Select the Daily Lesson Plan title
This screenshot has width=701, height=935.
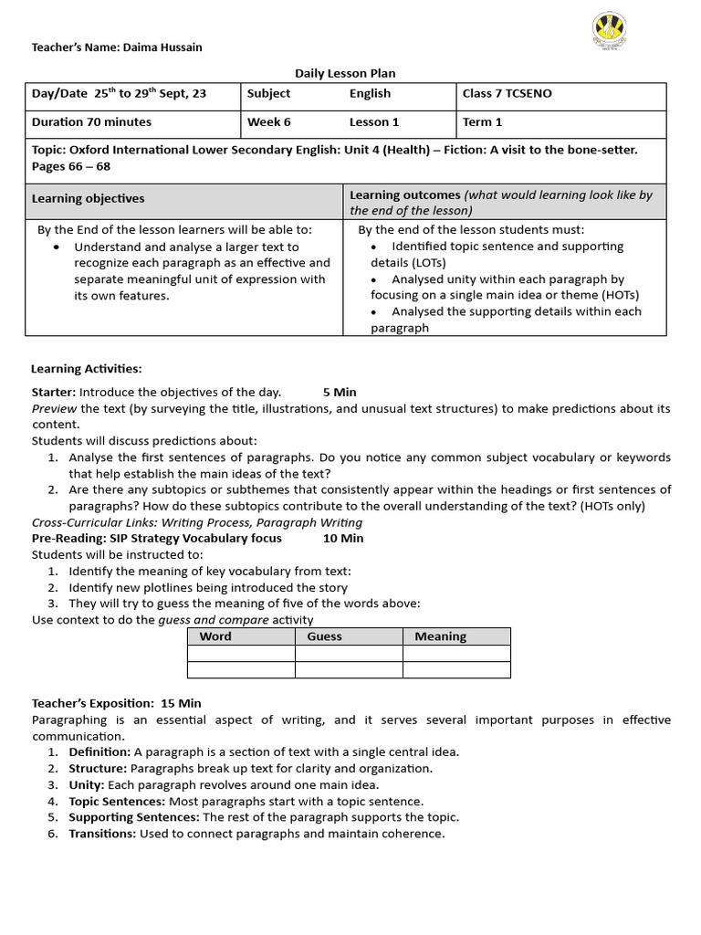[x=345, y=73]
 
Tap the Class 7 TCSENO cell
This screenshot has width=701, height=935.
[x=507, y=94]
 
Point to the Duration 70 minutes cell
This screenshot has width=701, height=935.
[x=91, y=122]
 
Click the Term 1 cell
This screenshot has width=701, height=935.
[x=483, y=122]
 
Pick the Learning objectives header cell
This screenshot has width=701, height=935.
[x=89, y=198]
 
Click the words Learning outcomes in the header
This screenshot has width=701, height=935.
[x=404, y=194]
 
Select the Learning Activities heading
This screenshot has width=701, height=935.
[x=86, y=369]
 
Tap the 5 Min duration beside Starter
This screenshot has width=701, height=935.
[x=340, y=392]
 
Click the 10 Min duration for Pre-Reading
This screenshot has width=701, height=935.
[x=343, y=538]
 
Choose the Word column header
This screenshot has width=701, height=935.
[x=215, y=636]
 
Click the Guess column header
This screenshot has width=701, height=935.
[x=324, y=636]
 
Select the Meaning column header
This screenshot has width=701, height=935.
[x=440, y=636]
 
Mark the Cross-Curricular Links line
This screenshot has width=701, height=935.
[x=197, y=522]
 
